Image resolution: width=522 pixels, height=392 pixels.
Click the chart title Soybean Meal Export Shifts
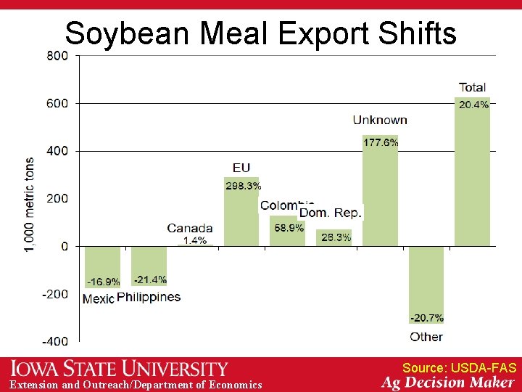[260, 33]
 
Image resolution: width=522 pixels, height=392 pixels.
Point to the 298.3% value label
[243, 186]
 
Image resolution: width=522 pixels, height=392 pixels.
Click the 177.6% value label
[381, 142]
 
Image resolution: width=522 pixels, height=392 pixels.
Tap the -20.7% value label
[427, 317]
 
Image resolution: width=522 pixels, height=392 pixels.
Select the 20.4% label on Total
[473, 105]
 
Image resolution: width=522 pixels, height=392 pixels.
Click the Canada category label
[190, 228]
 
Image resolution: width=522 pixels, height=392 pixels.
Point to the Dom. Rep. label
[331, 213]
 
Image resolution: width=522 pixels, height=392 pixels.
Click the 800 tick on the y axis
[58, 55]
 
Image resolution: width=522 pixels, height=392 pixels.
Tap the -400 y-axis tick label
[55, 341]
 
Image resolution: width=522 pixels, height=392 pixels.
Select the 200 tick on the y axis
[58, 198]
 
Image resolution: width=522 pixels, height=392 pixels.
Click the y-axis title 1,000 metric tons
[30, 205]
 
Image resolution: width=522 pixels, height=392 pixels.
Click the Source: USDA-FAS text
[459, 368]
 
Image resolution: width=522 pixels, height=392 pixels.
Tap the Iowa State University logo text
[120, 368]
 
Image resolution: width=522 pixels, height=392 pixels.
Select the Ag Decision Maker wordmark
[448, 383]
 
